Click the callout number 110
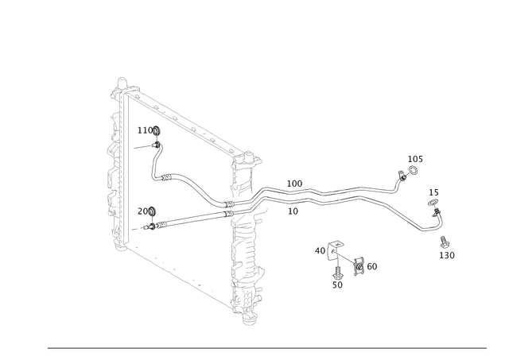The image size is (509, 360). point(145,130)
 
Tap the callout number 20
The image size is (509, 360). point(142,211)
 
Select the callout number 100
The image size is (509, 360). point(294,184)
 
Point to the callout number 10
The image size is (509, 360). point(293,211)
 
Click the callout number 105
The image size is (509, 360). point(415,159)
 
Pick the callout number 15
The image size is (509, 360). point(433,192)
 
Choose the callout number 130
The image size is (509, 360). point(447,256)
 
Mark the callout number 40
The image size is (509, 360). point(320,250)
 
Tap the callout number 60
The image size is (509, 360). point(372,266)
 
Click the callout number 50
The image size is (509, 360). point(337,285)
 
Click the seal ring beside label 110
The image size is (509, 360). point(157,130)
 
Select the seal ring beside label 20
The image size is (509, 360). point(152,211)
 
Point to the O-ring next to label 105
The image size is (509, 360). point(414,170)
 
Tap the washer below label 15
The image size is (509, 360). point(433,203)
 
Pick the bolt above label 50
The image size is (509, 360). point(337,273)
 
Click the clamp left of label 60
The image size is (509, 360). point(359,266)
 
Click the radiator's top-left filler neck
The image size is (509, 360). point(122,83)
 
